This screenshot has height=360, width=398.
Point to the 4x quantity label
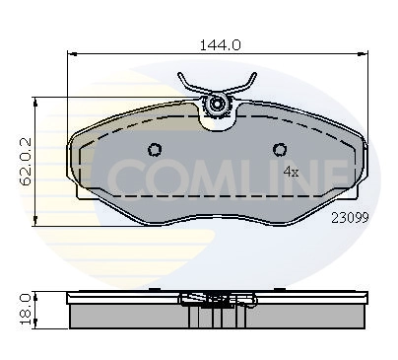click(291, 172)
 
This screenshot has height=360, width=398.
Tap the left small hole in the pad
click(154, 150)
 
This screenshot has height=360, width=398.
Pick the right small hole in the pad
click(281, 150)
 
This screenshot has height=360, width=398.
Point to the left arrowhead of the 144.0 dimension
click(70, 56)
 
